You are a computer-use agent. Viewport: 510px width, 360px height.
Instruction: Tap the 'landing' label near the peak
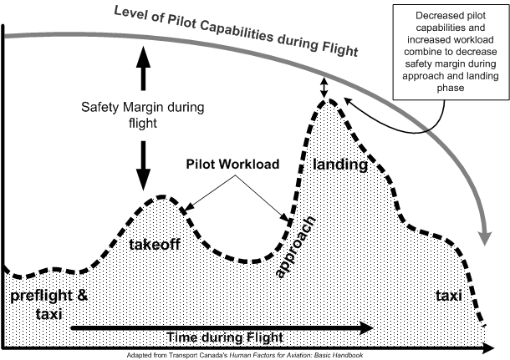(340, 165)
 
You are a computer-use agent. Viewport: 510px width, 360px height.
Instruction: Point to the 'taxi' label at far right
(450, 296)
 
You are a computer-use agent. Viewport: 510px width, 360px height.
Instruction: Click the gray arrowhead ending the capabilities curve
(484, 236)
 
